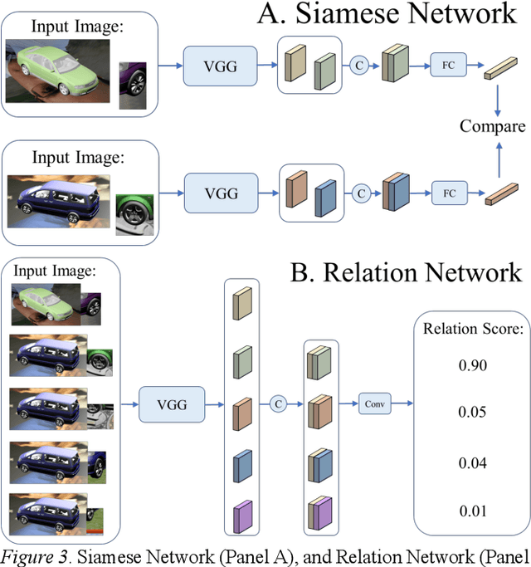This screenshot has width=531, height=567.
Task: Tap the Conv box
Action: pyautogui.click(x=373, y=405)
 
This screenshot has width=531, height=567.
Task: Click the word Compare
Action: pyautogui.click(x=493, y=126)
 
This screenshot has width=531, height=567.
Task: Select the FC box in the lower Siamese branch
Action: pyautogui.click(x=449, y=193)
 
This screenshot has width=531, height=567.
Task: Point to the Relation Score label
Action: pyautogui.click(x=470, y=326)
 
